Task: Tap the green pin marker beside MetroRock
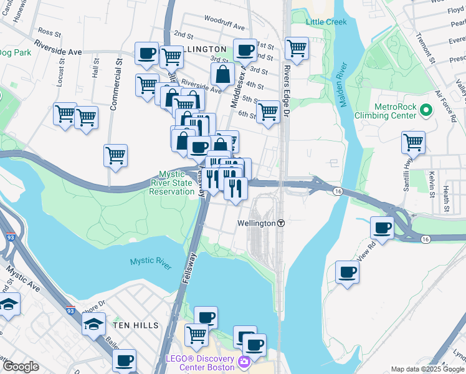pyautogui.click(x=426, y=111)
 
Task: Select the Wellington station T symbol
pyautogui.click(x=281, y=223)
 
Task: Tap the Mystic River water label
pyautogui.click(x=151, y=264)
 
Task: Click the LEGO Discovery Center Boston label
pyautogui.click(x=199, y=362)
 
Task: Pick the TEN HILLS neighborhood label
pyautogui.click(x=136, y=325)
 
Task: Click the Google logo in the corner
pyautogui.click(x=21, y=367)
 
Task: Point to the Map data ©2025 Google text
pyautogui.click(x=428, y=369)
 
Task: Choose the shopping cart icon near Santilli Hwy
pyautogui.click(x=413, y=141)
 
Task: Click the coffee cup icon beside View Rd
pyautogui.click(x=347, y=272)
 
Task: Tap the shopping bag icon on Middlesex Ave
pyautogui.click(x=222, y=74)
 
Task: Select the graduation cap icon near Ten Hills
pyautogui.click(x=93, y=324)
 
